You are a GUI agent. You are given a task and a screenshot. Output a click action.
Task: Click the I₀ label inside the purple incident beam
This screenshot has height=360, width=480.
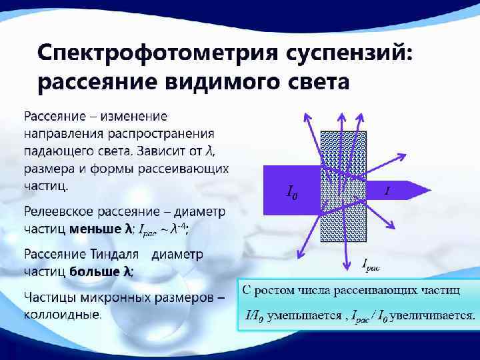point(292,193)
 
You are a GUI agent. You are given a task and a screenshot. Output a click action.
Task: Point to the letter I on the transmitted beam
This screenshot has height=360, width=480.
point(387,192)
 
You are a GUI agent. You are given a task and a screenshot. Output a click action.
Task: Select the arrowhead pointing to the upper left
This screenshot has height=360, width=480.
point(307,116)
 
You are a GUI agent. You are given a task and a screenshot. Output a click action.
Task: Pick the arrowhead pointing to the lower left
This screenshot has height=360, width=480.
point(299,253)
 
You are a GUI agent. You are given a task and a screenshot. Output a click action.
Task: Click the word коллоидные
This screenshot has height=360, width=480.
point(63,313)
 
